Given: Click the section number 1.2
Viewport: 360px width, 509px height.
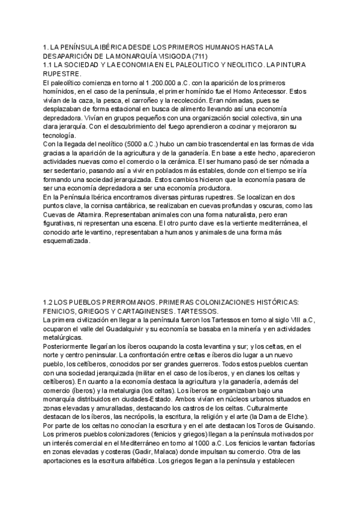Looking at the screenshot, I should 50,302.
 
